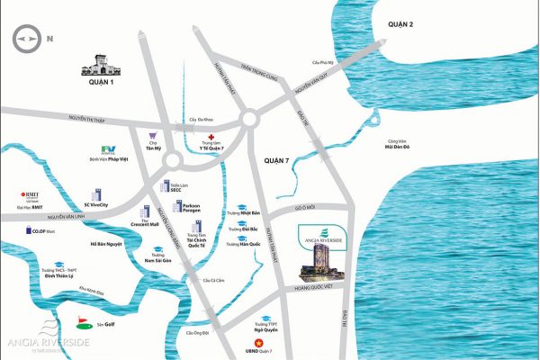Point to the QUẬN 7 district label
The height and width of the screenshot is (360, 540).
point(279,158)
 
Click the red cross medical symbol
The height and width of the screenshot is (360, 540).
point(211,137)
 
